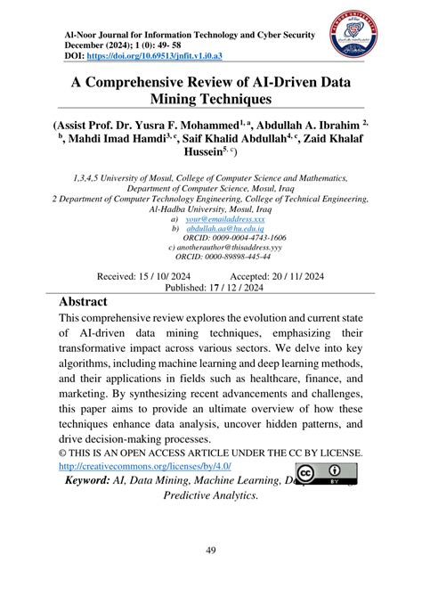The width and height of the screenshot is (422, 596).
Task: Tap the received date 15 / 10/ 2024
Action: (x=150, y=277)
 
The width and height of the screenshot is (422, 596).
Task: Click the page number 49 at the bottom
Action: (x=211, y=550)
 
